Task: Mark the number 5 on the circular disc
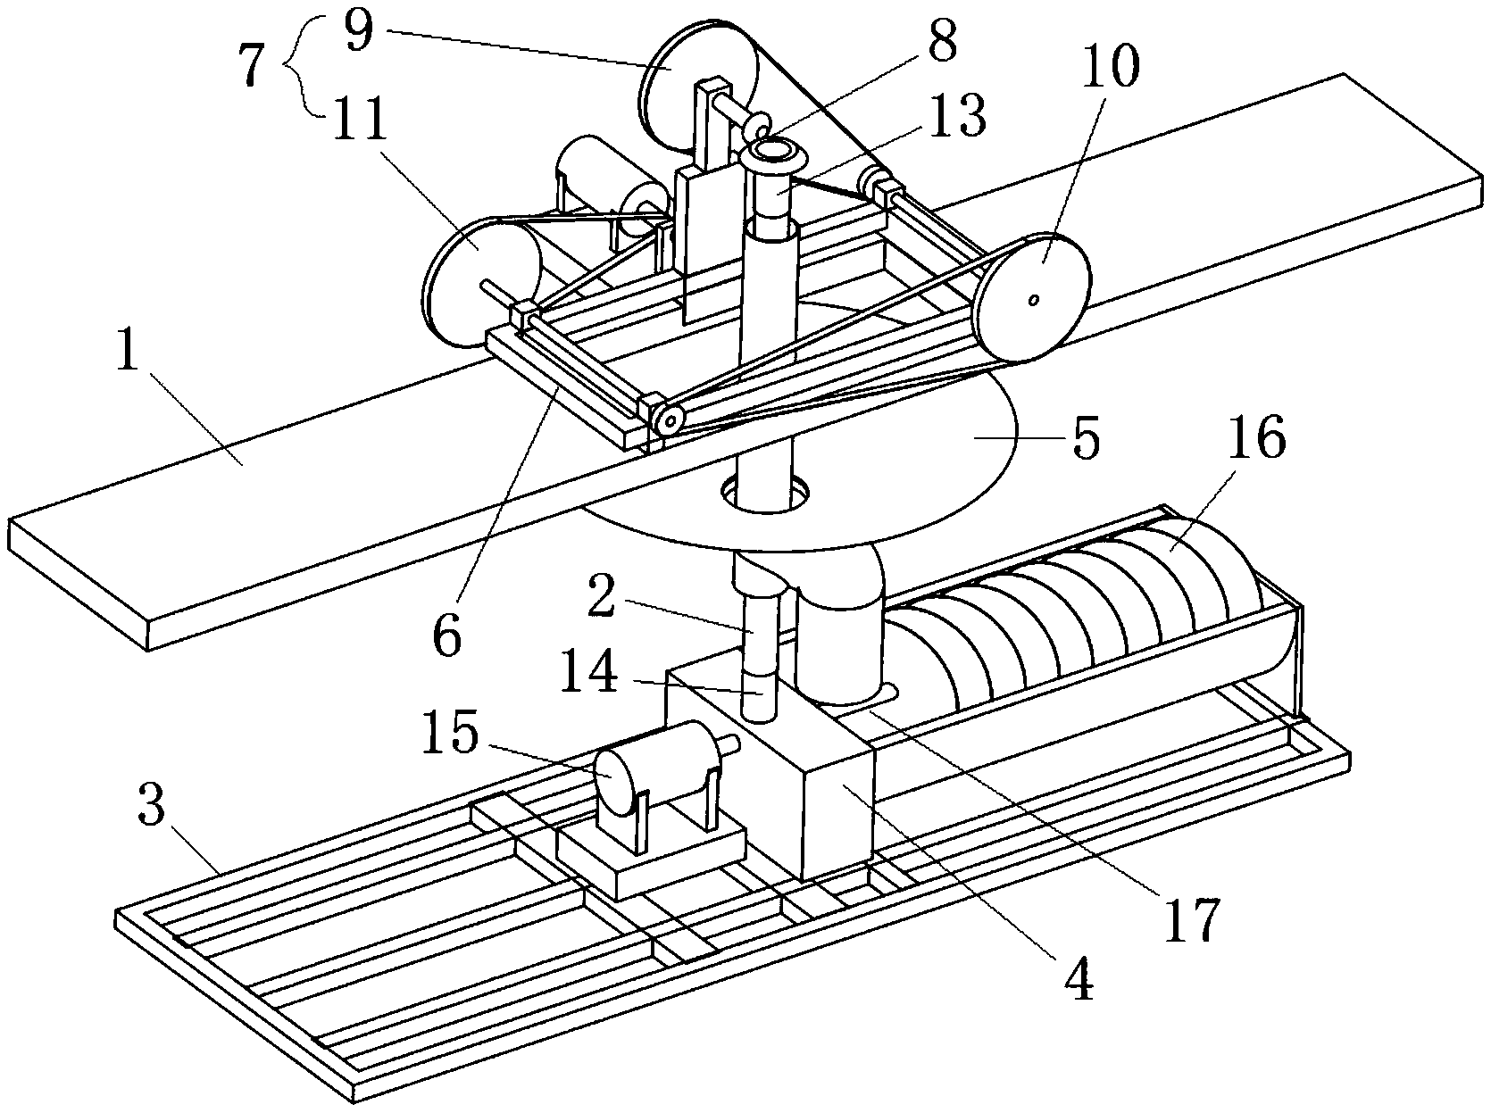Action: (x=1085, y=438)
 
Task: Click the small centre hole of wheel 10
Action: (x=1034, y=300)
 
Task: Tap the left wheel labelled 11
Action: (x=481, y=282)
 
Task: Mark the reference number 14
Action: (x=589, y=669)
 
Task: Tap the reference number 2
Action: (x=601, y=594)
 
